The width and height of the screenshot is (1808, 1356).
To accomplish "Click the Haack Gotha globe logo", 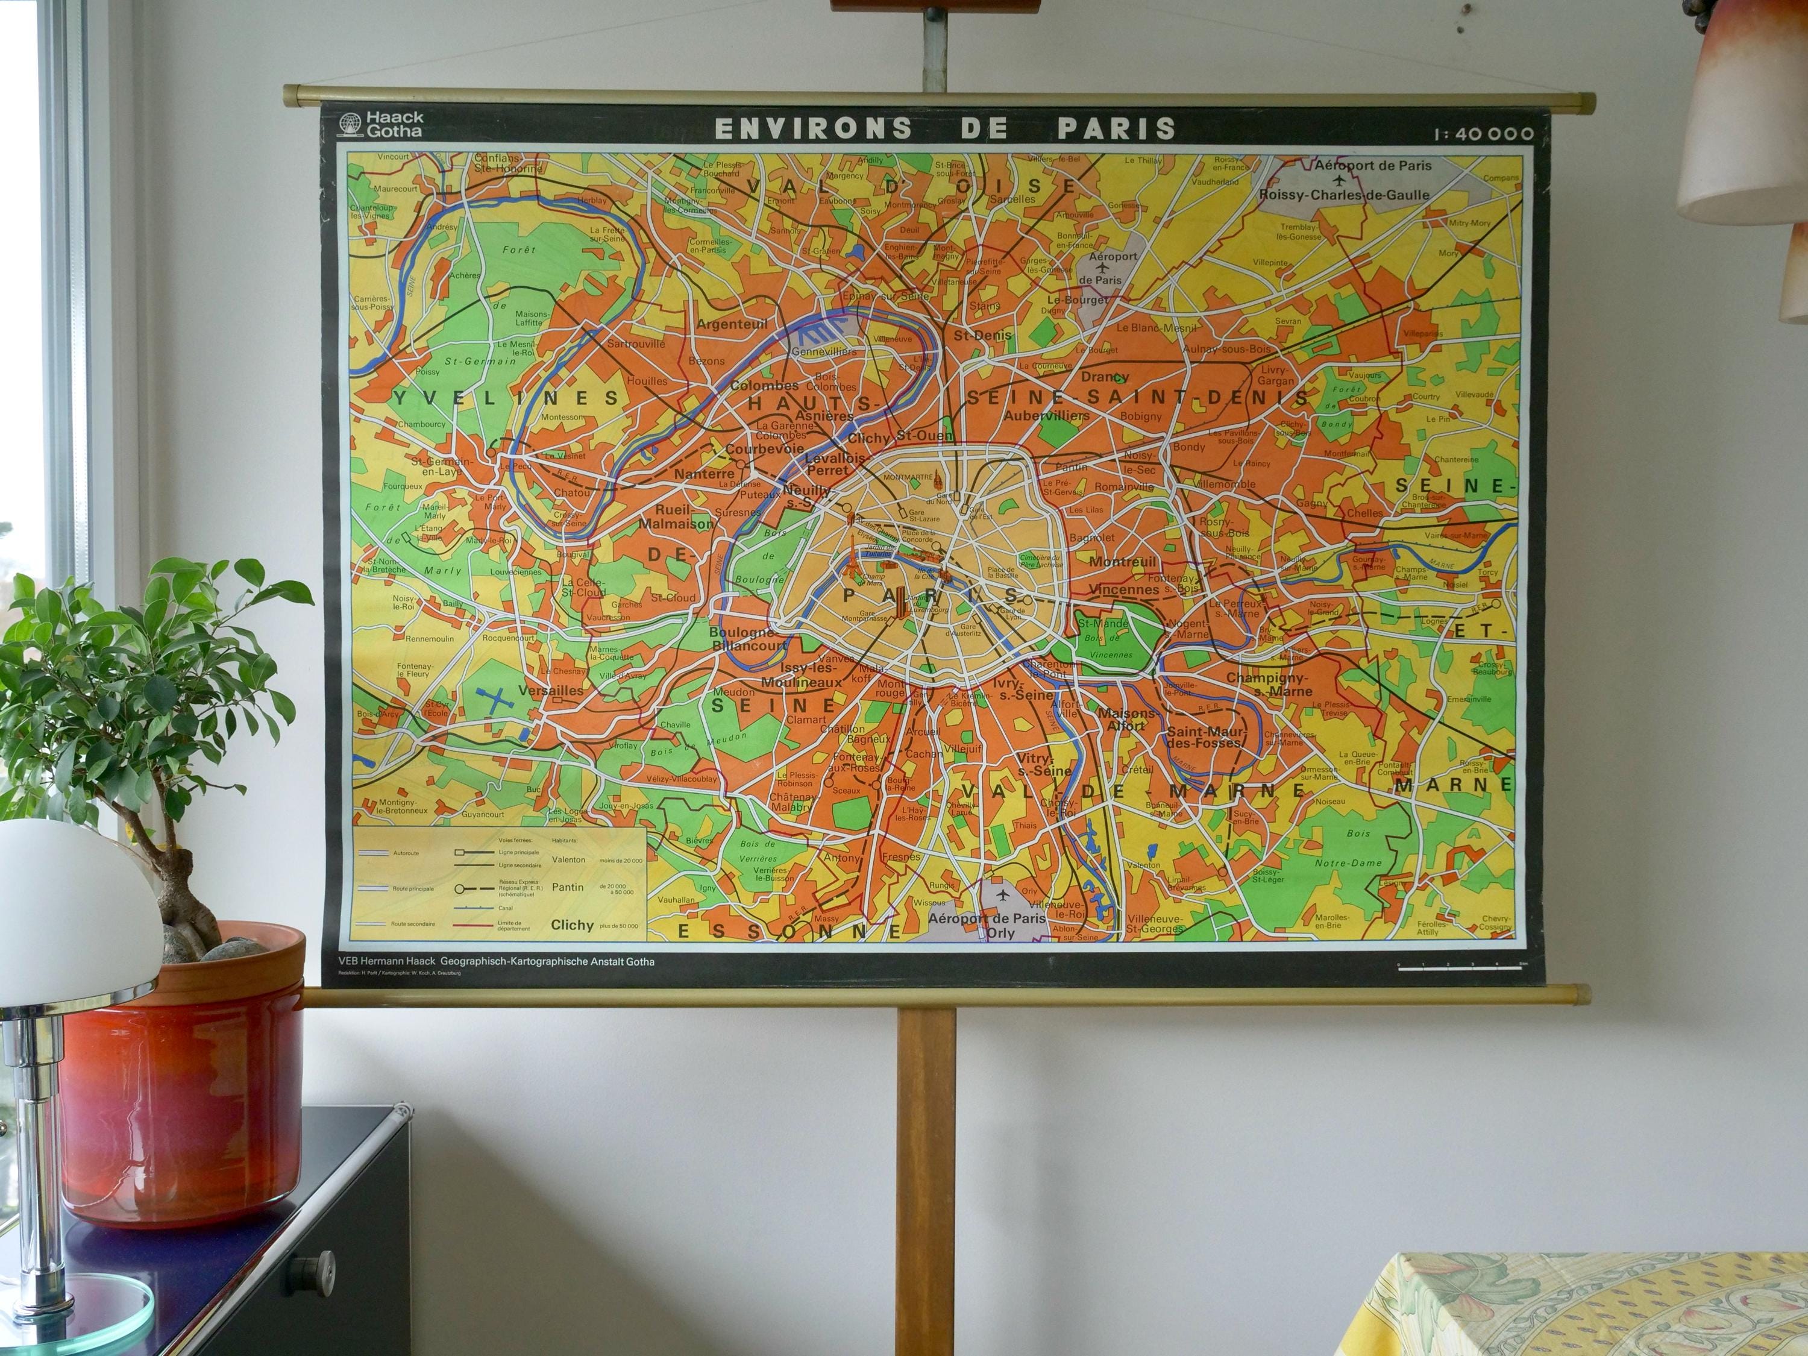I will coord(351,124).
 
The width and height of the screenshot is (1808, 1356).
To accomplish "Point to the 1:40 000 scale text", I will coord(1482,133).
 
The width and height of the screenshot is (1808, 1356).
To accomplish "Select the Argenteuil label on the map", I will coord(732,324).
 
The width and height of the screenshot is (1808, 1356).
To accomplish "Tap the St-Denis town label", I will coord(982,335).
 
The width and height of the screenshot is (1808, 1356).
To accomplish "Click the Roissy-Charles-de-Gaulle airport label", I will coord(1344,195).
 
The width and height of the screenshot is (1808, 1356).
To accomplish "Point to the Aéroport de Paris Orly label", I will coord(987,924).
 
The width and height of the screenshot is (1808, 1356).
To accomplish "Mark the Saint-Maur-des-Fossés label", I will coord(1205,737).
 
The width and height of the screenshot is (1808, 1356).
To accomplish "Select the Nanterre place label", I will coord(704,473).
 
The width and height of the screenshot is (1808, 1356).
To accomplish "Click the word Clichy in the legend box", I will coord(571,925).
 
